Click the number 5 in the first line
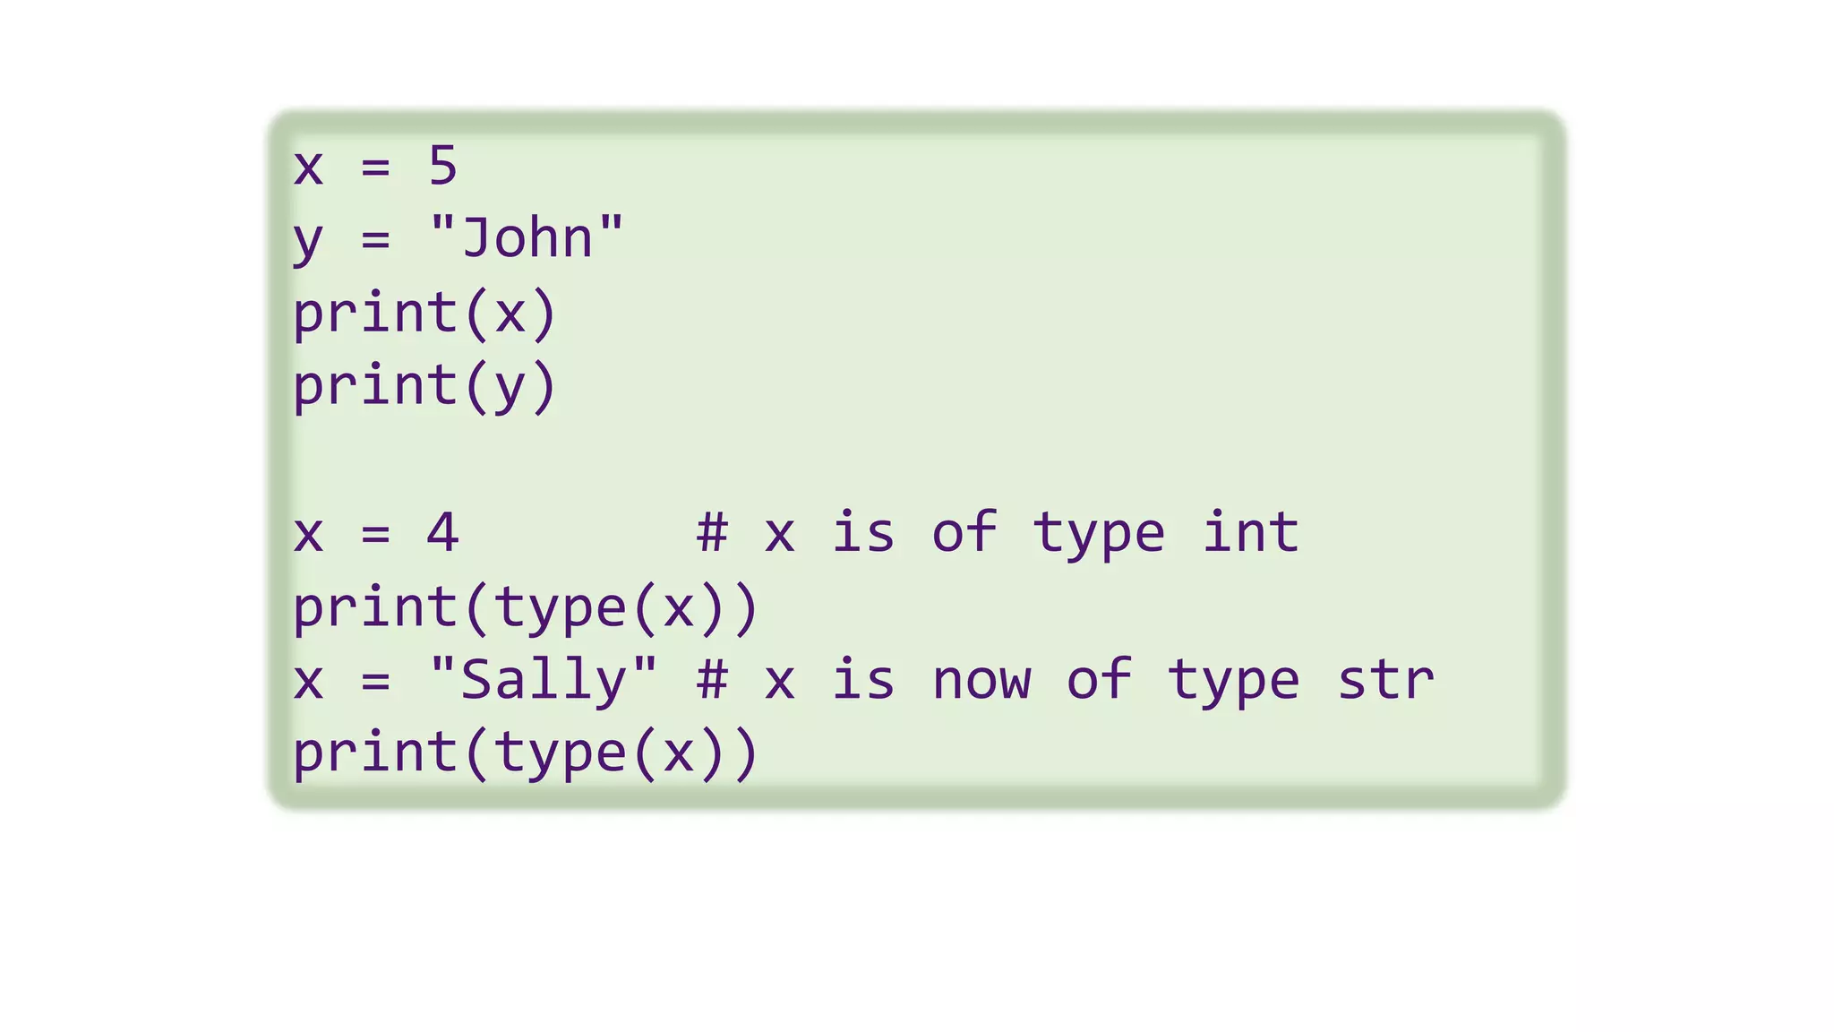[x=443, y=166]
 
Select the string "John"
[x=527, y=238]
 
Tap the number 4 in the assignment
[x=442, y=532]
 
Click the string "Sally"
[x=544, y=679]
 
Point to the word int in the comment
[x=1250, y=532]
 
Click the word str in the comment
[x=1385, y=679]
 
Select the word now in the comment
[x=981, y=679]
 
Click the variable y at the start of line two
[x=307, y=240]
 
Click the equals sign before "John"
[x=375, y=240]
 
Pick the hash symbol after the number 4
[x=712, y=532]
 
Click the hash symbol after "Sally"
[x=712, y=679]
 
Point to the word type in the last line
[x=561, y=752]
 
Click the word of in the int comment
[x=964, y=532]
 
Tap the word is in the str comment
[x=863, y=679]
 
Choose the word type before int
[x=1099, y=534]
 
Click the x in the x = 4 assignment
[x=307, y=534]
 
